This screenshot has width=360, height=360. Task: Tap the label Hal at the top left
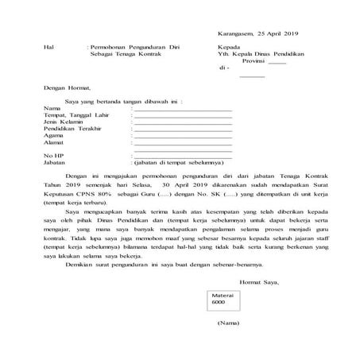(50, 48)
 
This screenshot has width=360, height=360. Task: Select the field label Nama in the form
(52, 106)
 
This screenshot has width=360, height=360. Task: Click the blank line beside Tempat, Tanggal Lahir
(183, 114)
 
